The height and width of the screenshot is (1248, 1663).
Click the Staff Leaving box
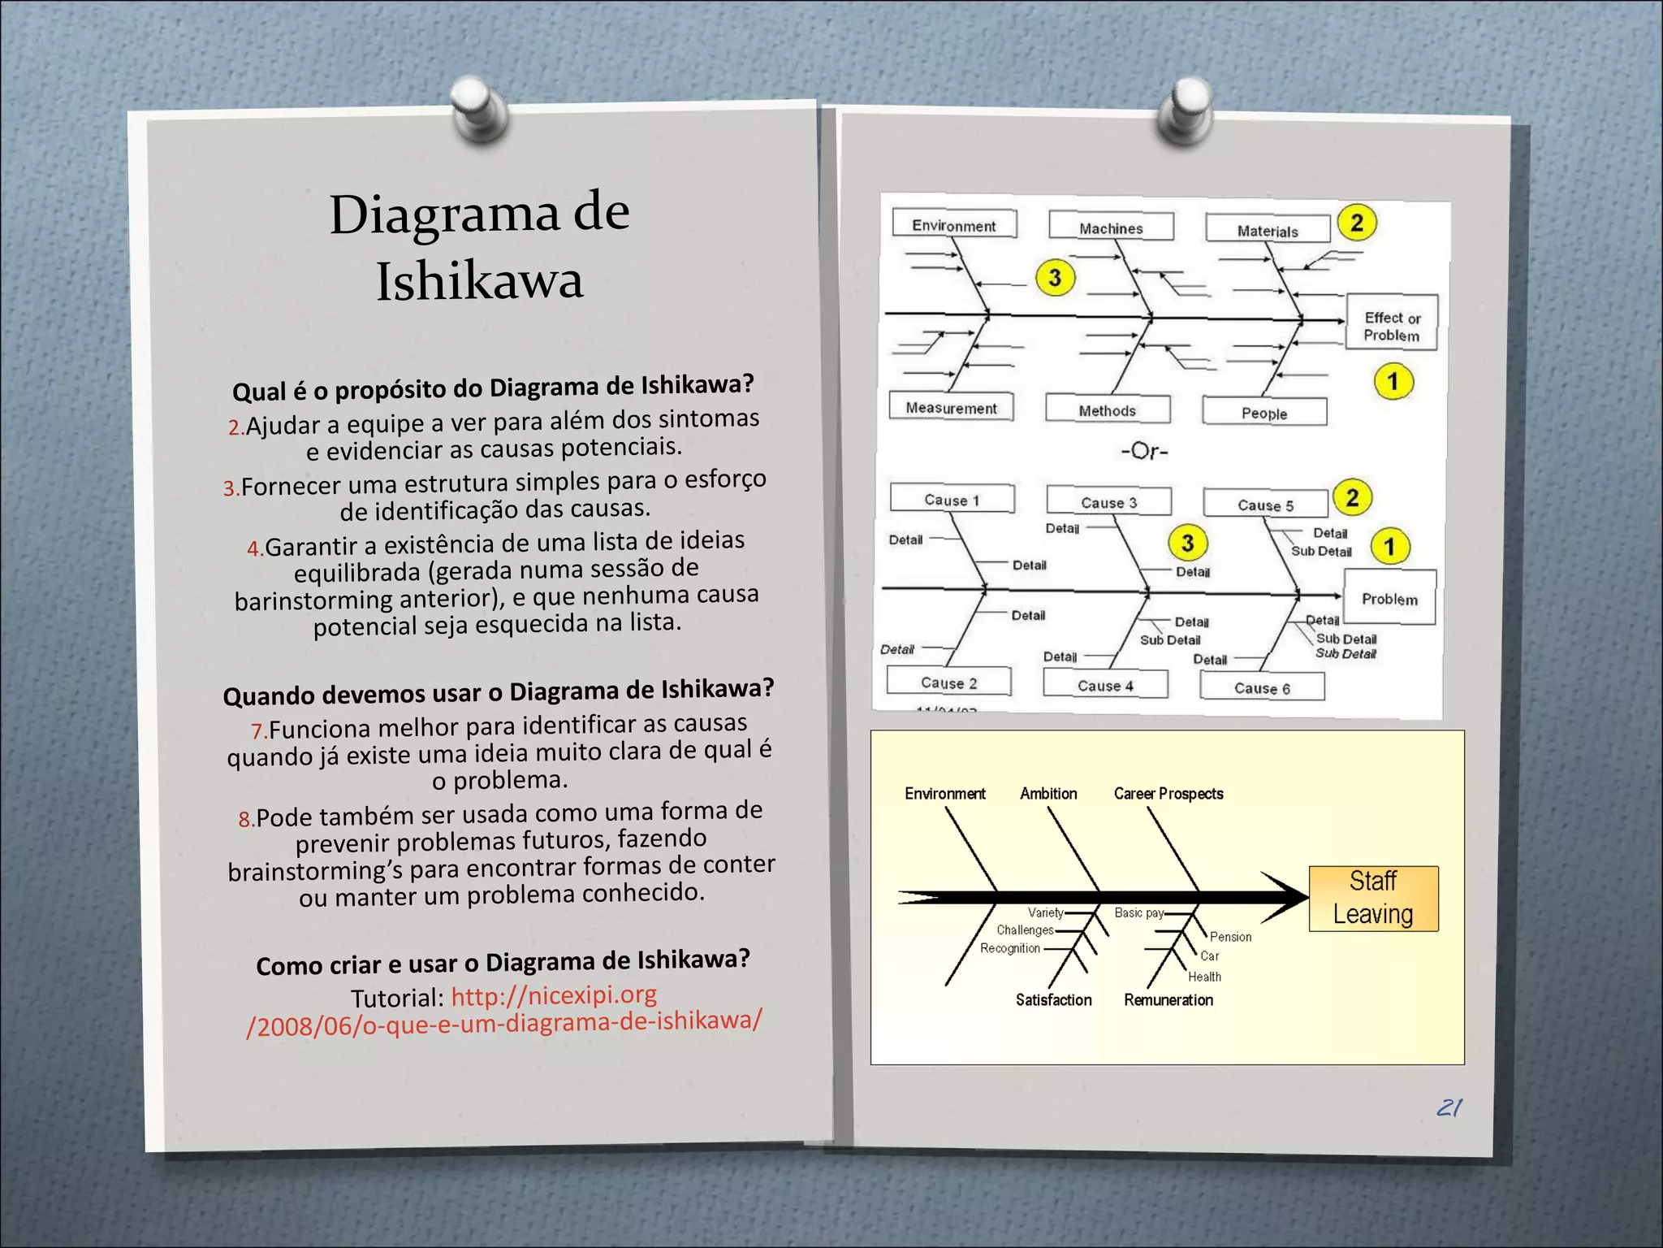click(1373, 898)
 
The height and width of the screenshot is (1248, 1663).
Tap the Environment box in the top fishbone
click(954, 223)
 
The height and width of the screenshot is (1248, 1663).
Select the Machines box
click(1111, 227)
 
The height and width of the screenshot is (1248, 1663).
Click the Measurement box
click(951, 406)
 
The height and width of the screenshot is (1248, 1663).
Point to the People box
click(1264, 412)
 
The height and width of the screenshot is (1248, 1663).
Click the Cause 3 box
click(1109, 501)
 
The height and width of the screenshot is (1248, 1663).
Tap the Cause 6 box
click(1262, 687)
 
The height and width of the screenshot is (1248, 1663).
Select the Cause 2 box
click(949, 682)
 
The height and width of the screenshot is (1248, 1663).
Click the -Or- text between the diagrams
click(1144, 451)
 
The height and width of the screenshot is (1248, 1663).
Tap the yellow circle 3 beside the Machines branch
click(1055, 278)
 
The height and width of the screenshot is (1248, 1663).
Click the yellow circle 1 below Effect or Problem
click(1393, 381)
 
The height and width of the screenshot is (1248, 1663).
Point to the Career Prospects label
click(1168, 794)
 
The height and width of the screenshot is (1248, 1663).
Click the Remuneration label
click(1168, 1000)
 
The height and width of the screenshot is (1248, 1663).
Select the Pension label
click(1230, 937)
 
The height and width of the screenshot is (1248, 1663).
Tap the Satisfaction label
click(1053, 1000)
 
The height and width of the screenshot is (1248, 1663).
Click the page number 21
click(1449, 1107)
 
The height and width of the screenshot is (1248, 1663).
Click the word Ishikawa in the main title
click(480, 281)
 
